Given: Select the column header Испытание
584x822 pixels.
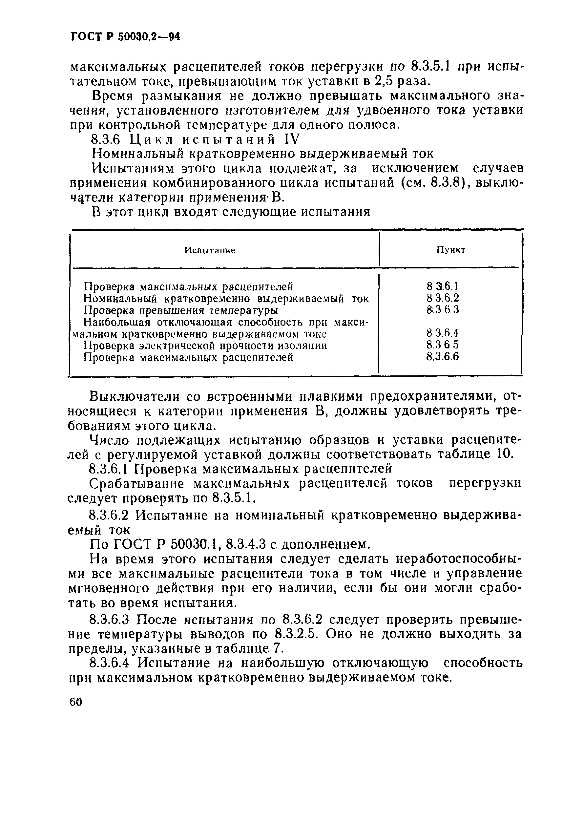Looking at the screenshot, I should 210,250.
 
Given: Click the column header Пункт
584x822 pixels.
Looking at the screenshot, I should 451,250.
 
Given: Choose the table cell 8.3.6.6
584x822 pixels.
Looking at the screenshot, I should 443,357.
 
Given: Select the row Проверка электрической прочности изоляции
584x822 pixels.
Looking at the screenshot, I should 205,346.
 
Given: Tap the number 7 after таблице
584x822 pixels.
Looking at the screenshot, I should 279,649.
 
